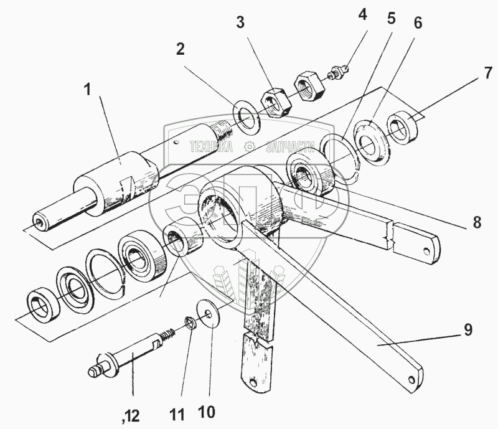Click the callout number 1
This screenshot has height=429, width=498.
point(88,90)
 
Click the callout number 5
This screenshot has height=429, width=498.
point(390,18)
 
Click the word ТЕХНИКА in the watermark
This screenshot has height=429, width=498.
point(211,147)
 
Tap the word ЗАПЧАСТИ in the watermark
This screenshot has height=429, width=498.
point(289,147)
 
